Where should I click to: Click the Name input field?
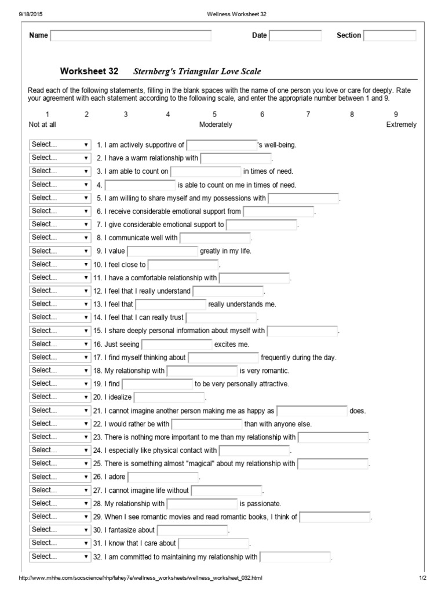coord(131,36)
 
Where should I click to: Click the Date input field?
coord(295,36)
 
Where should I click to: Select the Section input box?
coord(389,36)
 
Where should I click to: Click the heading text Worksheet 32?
coord(89,71)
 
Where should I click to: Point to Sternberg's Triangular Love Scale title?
coord(197,72)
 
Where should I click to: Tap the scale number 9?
coord(396,115)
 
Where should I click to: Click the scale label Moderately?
coord(216,125)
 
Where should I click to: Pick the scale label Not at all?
coord(42,125)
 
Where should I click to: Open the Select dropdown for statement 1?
coord(60,145)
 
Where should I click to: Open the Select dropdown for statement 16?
coord(60,344)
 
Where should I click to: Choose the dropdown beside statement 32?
coord(60,557)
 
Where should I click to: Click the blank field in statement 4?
coord(140,185)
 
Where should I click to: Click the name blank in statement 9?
coord(162,251)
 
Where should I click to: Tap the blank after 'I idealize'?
coord(169,397)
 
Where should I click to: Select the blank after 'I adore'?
coord(163,477)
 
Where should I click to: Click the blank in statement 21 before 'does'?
coord(312,411)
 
